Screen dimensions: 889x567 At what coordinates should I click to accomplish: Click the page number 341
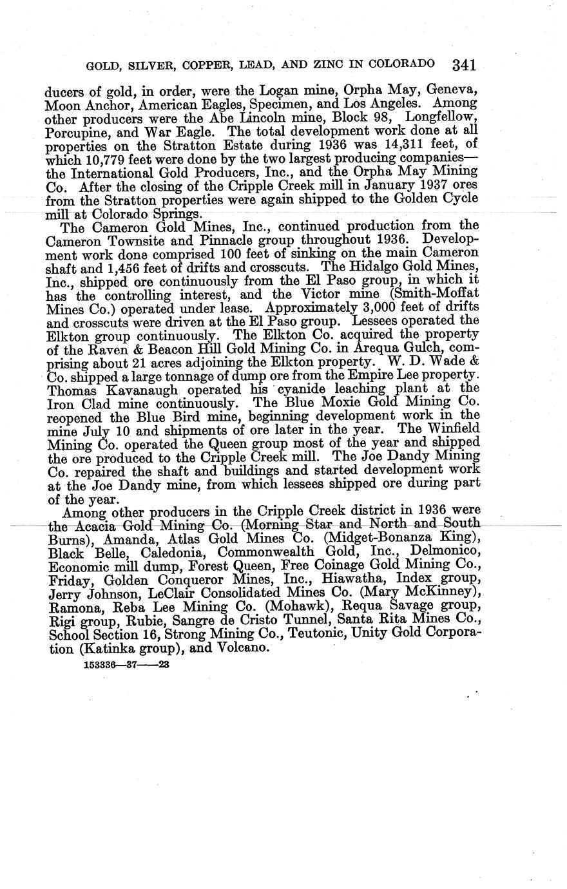464,64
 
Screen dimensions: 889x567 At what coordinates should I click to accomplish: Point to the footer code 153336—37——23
126,665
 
